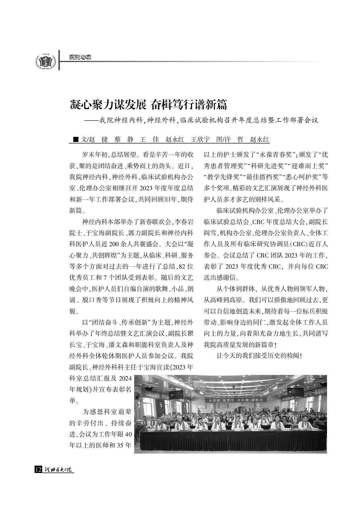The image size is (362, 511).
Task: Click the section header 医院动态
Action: [80, 57]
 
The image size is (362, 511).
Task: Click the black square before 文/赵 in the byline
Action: [76, 139]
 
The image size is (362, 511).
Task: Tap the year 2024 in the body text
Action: [125, 378]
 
